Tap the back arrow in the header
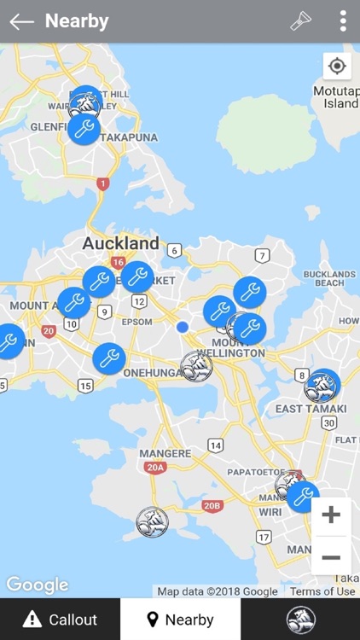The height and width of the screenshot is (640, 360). pyautogui.click(x=21, y=21)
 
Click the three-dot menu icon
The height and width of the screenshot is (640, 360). pyautogui.click(x=342, y=21)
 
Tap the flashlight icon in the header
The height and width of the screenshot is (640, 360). pyautogui.click(x=301, y=21)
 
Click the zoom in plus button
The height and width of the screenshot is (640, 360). pyautogui.click(x=331, y=515)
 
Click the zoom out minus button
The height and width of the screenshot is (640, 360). pyautogui.click(x=331, y=557)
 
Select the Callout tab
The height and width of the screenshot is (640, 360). pyautogui.click(x=60, y=620)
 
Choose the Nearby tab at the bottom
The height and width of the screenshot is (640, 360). pyautogui.click(x=180, y=620)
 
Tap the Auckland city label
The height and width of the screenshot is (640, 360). pyautogui.click(x=120, y=243)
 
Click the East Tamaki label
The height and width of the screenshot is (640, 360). pyautogui.click(x=311, y=409)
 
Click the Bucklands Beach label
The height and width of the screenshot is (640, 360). pyautogui.click(x=323, y=278)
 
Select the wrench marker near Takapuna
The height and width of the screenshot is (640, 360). pyautogui.click(x=84, y=129)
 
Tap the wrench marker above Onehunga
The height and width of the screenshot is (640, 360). pyautogui.click(x=109, y=358)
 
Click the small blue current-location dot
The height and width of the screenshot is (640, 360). pyautogui.click(x=182, y=327)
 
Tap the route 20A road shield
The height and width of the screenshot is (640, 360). pyautogui.click(x=154, y=467)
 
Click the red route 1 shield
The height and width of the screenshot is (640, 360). pyautogui.click(x=103, y=183)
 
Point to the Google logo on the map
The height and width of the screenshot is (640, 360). pyautogui.click(x=37, y=585)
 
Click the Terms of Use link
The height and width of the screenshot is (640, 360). pyautogui.click(x=322, y=591)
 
